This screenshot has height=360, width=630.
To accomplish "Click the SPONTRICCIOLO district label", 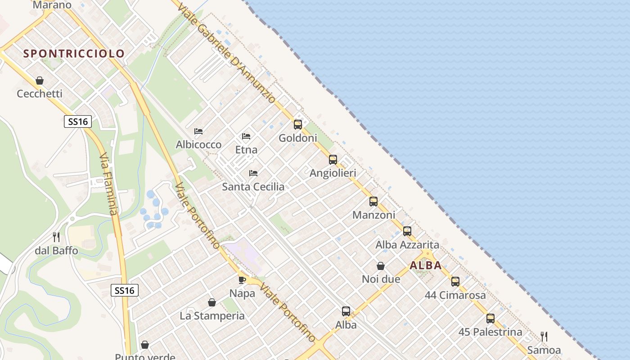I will (74, 54).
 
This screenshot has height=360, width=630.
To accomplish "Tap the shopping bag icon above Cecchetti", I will (40, 81).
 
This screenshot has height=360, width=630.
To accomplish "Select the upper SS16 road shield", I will (78, 121).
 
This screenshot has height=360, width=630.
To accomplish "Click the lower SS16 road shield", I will (125, 291).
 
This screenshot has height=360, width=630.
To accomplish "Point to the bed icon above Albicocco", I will (198, 131).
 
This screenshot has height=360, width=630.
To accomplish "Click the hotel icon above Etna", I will (246, 136).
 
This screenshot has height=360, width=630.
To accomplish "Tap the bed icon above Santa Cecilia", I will (253, 173).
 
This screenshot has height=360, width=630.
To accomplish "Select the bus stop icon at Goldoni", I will (298, 125).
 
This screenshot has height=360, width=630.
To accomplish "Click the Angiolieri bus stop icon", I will (333, 160).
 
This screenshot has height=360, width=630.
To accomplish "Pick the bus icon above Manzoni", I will (373, 202).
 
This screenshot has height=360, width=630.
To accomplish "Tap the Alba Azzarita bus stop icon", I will (407, 231).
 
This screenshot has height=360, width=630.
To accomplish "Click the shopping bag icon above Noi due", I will (381, 266).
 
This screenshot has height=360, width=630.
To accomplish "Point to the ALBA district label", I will (426, 265).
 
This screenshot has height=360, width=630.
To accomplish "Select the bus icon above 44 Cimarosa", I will (455, 282).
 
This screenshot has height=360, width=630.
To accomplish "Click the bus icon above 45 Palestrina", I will (490, 319).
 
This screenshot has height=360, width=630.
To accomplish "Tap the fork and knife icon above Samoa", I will (544, 337).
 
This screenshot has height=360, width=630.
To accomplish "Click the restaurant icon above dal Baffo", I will (56, 237).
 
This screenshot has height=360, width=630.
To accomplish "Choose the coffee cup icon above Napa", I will (242, 280).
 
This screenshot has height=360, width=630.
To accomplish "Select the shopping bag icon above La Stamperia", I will (212, 302).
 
